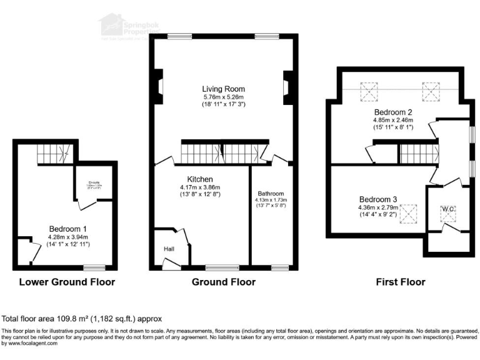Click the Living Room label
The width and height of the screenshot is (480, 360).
click(223, 89)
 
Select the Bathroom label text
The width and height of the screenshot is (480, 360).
click(271, 194)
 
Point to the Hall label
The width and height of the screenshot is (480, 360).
click(168, 249)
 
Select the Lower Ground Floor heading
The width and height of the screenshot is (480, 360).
click(67, 282)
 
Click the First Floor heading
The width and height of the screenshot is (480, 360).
click(401, 282)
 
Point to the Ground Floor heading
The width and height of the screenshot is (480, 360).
click(223, 282)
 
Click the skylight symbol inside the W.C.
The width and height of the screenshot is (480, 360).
click(448, 215)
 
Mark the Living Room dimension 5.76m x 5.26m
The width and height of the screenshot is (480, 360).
click(223, 97)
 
